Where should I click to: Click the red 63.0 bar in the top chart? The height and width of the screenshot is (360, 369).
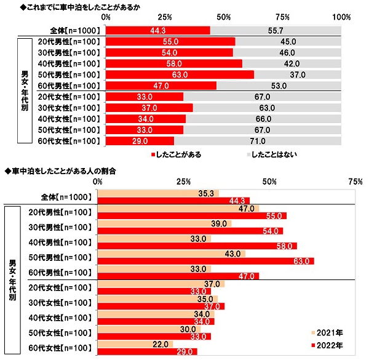(x=180, y=74)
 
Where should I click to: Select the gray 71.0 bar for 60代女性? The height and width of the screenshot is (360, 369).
(x=258, y=141)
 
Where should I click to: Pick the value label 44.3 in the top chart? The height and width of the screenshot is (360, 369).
(x=158, y=30)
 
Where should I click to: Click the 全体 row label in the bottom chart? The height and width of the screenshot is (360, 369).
(x=66, y=197)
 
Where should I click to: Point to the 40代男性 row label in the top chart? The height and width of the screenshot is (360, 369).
(x=73, y=63)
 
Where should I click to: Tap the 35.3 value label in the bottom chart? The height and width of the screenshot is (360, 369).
(x=206, y=193)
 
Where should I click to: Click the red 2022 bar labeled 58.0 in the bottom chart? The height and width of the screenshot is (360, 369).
(x=197, y=246)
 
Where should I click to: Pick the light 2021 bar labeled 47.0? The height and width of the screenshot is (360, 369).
(x=178, y=209)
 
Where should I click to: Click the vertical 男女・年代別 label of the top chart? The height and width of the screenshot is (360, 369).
(x=25, y=90)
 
